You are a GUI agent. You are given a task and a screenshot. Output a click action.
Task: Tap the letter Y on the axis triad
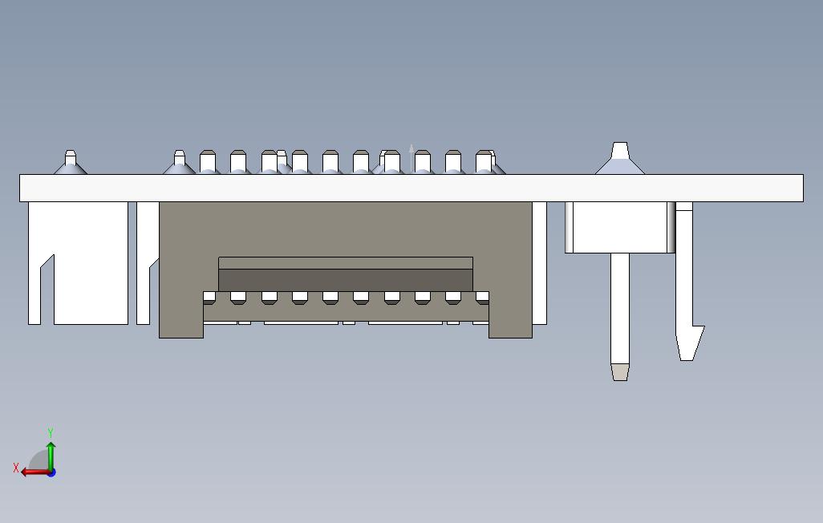tap(51, 432)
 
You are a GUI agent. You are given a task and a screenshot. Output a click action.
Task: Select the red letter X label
tap(16, 468)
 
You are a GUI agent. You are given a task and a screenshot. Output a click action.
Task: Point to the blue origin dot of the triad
tap(51, 473)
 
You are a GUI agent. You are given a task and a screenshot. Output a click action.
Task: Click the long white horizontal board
tap(411, 188)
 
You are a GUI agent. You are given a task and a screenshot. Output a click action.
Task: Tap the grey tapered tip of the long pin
tap(620, 372)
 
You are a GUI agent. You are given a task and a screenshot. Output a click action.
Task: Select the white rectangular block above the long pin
tap(620, 227)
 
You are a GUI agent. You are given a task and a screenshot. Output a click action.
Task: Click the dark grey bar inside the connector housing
tap(346, 281)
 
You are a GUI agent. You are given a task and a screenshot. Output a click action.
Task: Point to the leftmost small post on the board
tap(71, 162)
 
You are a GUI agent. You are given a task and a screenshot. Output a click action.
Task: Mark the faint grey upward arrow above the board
tap(411, 157)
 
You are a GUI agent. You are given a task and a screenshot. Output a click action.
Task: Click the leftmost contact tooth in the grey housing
tap(209, 298)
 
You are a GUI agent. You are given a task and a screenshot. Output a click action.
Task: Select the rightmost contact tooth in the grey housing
tap(482, 298)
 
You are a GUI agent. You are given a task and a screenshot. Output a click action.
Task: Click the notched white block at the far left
tap(78, 262)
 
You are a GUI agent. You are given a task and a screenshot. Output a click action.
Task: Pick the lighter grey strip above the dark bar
tap(346, 263)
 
